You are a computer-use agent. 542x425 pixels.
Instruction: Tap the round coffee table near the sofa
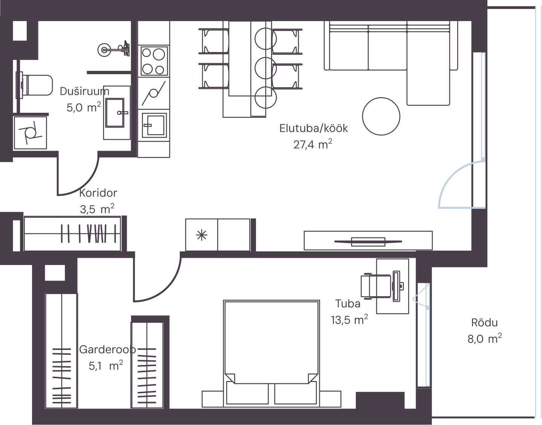(x=381, y=116)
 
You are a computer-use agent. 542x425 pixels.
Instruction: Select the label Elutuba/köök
(x=314, y=128)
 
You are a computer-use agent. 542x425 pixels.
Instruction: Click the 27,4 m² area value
(x=313, y=144)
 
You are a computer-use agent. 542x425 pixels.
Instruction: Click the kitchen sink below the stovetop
(x=154, y=125)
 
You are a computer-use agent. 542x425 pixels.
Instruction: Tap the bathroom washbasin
(x=115, y=113)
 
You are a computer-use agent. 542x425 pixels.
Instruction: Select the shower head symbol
(x=113, y=49)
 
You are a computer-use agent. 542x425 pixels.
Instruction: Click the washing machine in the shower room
(x=30, y=133)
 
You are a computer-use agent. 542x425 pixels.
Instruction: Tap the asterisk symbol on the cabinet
(x=202, y=235)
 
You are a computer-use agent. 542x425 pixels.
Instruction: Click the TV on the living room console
(x=368, y=242)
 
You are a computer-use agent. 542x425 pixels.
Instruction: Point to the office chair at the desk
(x=376, y=286)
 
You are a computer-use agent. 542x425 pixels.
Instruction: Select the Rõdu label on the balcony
(x=484, y=323)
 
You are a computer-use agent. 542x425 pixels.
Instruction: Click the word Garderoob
(x=107, y=350)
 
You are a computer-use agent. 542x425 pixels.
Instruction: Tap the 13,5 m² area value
(x=349, y=320)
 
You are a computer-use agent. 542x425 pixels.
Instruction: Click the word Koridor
(x=98, y=193)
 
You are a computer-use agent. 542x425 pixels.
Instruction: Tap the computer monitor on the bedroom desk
(x=397, y=286)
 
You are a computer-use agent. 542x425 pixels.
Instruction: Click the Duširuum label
(x=84, y=91)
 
